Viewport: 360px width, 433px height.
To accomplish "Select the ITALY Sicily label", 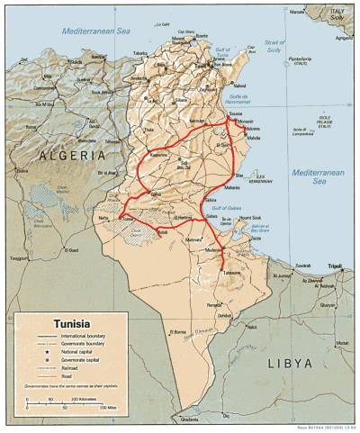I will tap(336, 12).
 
